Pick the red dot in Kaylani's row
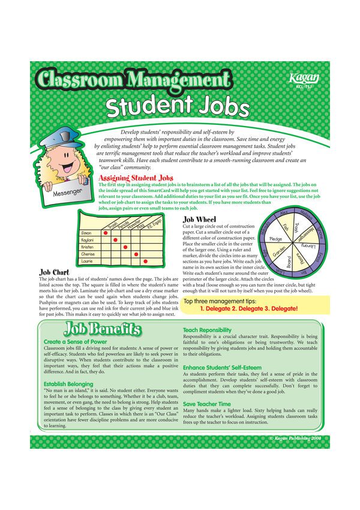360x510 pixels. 115,239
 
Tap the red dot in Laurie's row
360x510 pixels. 145,262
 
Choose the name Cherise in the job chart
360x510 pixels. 88,254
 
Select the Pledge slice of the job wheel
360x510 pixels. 277,238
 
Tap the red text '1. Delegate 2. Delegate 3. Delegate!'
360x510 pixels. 248,308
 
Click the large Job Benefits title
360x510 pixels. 103,329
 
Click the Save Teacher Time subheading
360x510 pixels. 206,404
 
